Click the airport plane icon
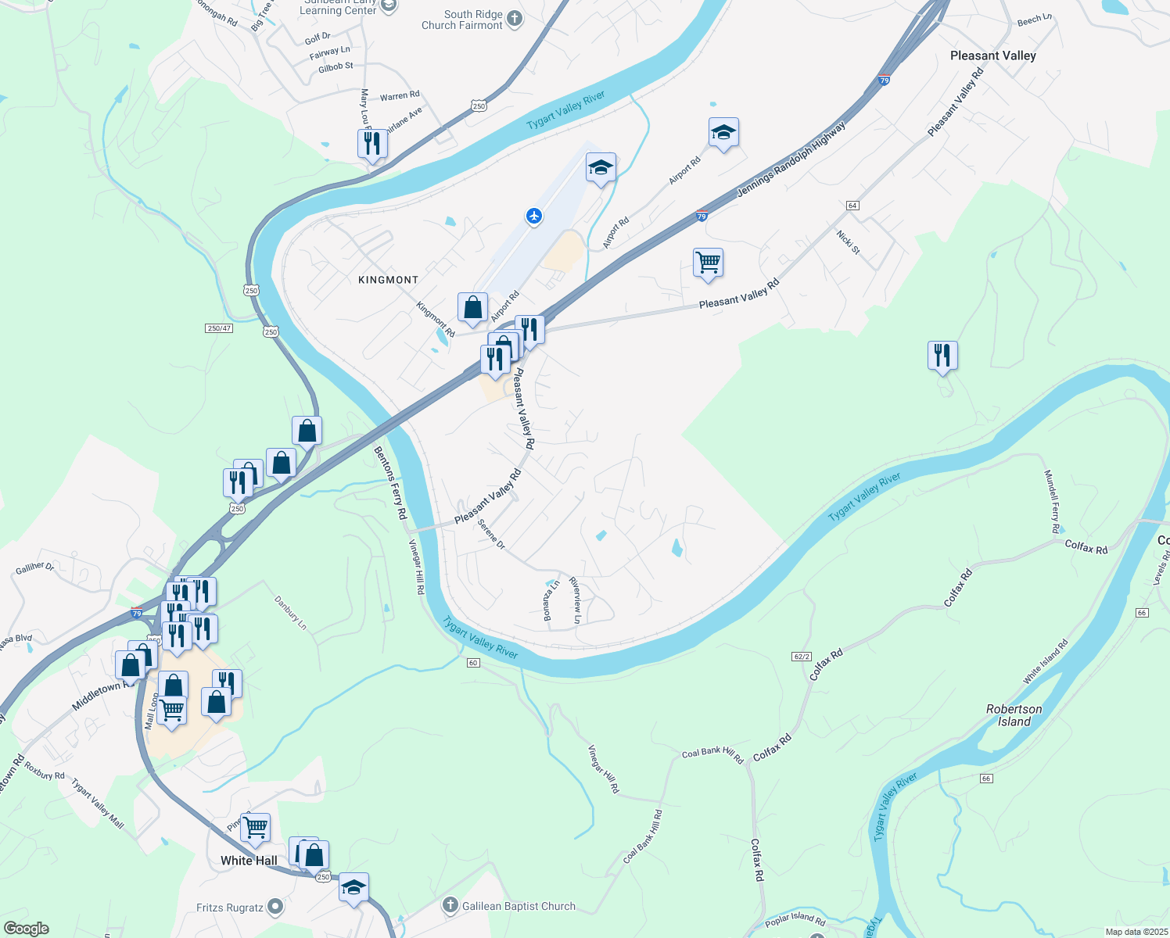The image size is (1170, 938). point(534,216)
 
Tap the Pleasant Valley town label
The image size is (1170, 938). point(992,55)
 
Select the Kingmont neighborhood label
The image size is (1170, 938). point(388,280)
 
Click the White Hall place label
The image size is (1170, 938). point(249,861)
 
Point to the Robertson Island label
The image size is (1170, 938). point(1014,715)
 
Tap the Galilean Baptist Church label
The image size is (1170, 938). point(519,906)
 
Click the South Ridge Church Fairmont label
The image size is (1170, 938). point(462,20)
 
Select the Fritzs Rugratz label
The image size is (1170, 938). point(230,908)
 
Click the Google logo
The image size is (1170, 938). point(26,929)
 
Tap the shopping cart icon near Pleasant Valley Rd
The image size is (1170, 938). point(708,263)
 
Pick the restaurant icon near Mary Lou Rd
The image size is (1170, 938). point(372,144)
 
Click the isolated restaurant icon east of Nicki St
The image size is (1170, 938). point(942,356)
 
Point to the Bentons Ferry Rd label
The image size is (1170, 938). point(390,483)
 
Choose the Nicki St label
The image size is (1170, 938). point(848,242)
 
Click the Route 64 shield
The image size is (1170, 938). point(852,206)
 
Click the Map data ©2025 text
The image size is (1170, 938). point(1136,932)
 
